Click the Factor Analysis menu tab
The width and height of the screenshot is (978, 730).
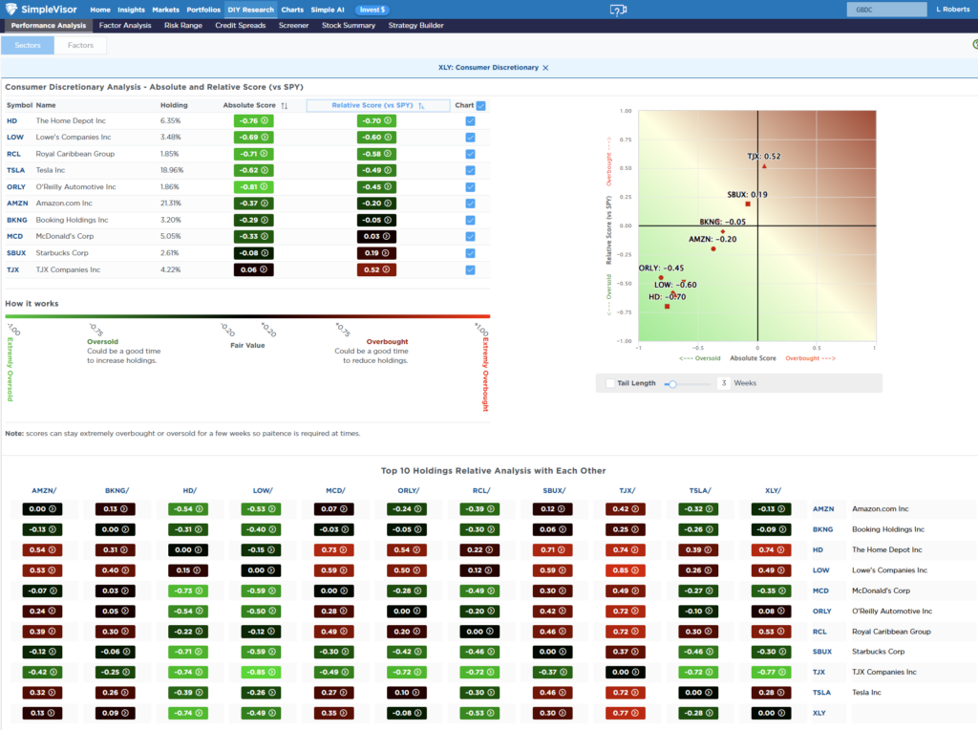(125, 26)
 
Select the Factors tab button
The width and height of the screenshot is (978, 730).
(80, 45)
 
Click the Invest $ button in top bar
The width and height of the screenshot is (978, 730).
(372, 10)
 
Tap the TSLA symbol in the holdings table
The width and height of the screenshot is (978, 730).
(14, 170)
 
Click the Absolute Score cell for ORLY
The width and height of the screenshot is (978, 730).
(253, 186)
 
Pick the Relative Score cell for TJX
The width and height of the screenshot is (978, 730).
(376, 269)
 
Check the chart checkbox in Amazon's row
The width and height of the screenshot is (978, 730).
(470, 204)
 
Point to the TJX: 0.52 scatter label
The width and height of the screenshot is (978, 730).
(763, 156)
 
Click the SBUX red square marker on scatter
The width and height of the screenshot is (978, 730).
(748, 204)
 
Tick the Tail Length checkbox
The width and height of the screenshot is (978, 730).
(610, 383)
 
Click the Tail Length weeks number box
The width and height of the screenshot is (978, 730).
(723, 383)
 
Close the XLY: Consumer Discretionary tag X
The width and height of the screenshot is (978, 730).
(546, 68)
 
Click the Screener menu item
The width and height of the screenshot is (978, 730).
(293, 26)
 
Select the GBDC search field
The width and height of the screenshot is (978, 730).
(886, 10)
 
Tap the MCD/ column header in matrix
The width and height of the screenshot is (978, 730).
(336, 490)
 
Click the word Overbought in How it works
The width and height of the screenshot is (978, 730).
(387, 341)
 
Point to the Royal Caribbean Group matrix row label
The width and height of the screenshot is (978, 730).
(884, 632)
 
